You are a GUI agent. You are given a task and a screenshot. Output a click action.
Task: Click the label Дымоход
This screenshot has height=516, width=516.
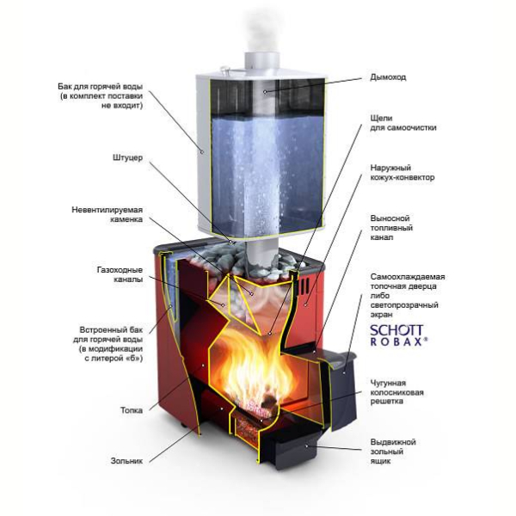coord(388,77)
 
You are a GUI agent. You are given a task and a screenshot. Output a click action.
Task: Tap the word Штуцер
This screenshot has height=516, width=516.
coord(127,157)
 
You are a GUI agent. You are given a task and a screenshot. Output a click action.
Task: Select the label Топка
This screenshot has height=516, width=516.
coord(132,410)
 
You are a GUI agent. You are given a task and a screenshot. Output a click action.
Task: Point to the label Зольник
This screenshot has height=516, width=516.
coord(126,461)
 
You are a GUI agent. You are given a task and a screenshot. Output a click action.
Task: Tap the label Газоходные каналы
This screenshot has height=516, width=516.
coord(120,274)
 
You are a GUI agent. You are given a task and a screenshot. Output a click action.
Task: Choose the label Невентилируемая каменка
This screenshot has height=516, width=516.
coord(107,214)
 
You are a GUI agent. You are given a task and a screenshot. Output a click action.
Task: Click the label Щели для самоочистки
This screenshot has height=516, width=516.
coord(403,123)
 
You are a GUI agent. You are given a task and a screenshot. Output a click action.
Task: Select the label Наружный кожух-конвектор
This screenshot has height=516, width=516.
coord(402,173)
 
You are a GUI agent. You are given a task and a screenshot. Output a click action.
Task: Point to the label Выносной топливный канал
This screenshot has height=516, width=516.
coord(391,228)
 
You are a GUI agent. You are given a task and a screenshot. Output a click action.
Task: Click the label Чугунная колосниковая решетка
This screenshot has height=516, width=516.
coord(396,392)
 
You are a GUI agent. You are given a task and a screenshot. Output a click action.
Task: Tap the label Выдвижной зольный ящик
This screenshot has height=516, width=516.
coord(393,451)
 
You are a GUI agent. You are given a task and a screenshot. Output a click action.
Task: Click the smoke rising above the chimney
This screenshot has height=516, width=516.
coord(261,31)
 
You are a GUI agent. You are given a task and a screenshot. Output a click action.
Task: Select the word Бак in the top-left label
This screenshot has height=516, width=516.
coord(64,87)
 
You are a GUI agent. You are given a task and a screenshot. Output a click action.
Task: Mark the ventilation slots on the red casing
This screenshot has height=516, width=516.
coord(304,286)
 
